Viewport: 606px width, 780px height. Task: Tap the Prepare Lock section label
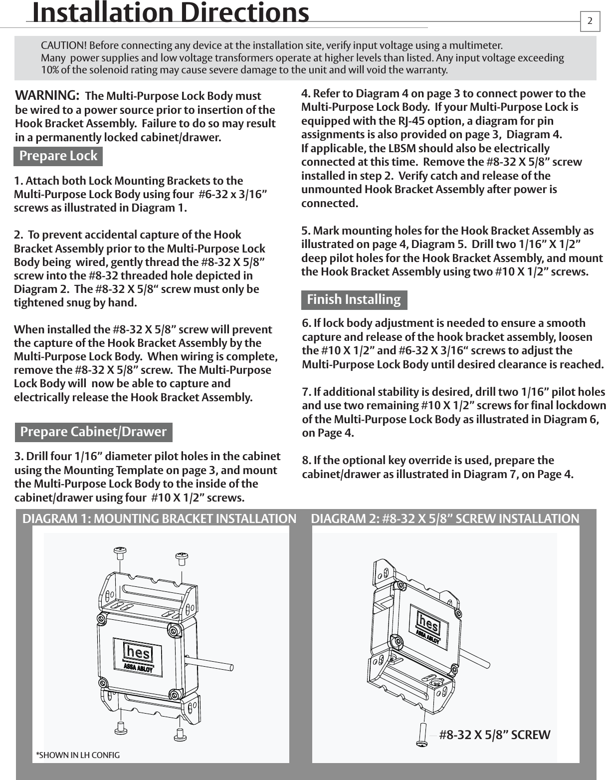tap(58, 156)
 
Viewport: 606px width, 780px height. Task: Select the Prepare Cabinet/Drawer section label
tap(93, 432)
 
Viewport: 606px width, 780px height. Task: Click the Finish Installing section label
tap(354, 299)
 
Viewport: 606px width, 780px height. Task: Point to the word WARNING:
tap(46, 95)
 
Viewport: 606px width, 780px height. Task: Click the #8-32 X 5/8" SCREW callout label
tap(494, 735)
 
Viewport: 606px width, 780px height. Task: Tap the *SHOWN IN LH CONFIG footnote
tap(78, 755)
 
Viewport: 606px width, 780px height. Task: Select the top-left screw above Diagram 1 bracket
tap(120, 552)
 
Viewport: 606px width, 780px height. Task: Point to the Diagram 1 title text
tap(159, 519)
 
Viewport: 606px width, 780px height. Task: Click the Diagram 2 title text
tap(445, 519)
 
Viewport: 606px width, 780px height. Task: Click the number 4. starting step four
tap(306, 94)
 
